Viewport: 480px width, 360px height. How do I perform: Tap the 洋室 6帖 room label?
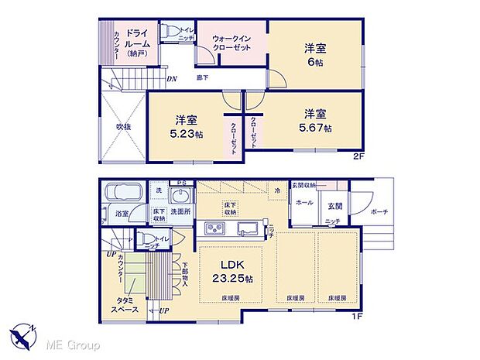(316, 55)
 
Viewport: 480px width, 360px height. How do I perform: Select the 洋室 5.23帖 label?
(186, 126)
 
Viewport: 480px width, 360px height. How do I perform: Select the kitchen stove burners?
(213, 228)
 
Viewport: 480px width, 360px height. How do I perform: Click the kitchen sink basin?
(248, 228)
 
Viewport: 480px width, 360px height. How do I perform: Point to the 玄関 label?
(334, 205)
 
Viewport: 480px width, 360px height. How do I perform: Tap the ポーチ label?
(379, 212)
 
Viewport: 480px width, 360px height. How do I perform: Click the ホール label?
(304, 203)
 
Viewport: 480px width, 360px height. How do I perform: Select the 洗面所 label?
(180, 211)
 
